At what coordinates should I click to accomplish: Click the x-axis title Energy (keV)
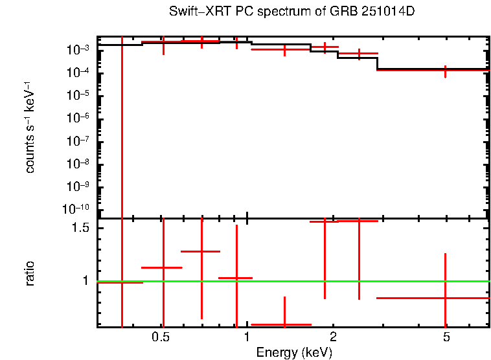(x=294, y=352)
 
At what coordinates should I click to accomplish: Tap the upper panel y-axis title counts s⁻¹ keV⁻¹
(x=30, y=129)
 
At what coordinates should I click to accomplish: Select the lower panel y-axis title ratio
(x=30, y=274)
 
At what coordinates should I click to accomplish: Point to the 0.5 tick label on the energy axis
(x=161, y=337)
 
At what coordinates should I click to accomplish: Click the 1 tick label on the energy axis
(x=247, y=337)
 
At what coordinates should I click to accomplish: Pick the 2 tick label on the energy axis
(x=333, y=337)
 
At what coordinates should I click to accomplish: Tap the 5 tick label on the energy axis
(x=446, y=337)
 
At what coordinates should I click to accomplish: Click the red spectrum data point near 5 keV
(x=445, y=70)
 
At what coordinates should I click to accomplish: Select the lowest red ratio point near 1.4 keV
(x=284, y=324)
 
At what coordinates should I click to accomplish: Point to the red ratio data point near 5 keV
(x=445, y=298)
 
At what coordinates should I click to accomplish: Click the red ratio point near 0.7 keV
(x=202, y=251)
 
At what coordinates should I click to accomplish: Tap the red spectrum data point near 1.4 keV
(x=284, y=49)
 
